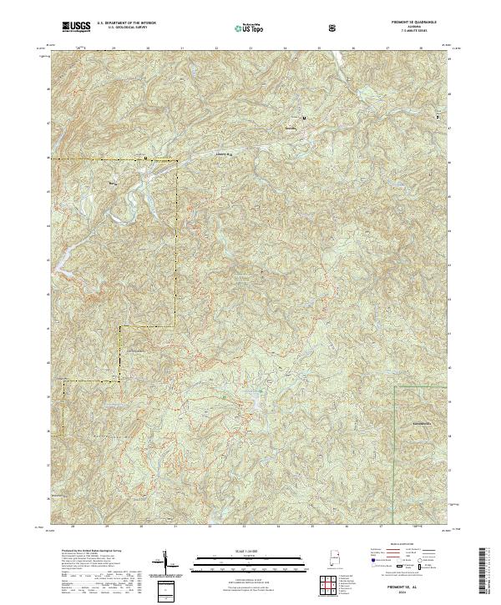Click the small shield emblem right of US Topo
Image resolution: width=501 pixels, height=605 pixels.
tap(333, 28)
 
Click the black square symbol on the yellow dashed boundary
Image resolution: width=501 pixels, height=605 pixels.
tap(146, 157)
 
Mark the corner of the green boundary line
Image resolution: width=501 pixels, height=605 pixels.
tap(395, 387)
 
